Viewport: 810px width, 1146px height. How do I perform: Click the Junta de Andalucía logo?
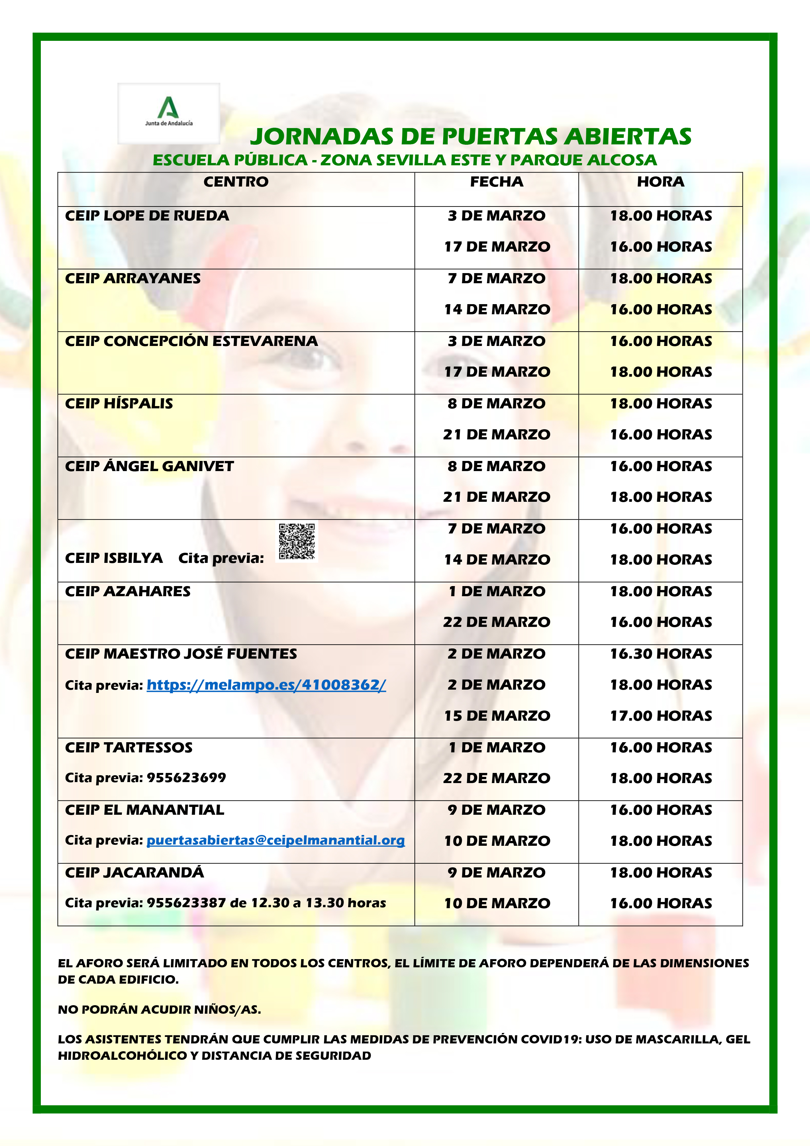(x=169, y=113)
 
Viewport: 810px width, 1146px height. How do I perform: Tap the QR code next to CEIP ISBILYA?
(x=297, y=542)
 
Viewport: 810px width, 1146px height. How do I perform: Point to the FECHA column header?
(x=496, y=182)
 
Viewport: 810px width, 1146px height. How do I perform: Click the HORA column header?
(x=660, y=182)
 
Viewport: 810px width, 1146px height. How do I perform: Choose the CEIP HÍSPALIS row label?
(x=119, y=403)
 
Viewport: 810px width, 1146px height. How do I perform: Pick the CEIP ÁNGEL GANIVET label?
(x=149, y=466)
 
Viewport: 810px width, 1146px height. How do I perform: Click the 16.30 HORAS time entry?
(x=661, y=654)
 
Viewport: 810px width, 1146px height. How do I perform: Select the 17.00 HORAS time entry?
(x=661, y=716)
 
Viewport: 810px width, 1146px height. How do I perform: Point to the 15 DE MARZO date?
(x=497, y=716)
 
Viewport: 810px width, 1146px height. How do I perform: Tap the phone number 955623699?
(x=186, y=778)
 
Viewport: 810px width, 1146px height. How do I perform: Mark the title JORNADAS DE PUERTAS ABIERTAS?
(x=471, y=136)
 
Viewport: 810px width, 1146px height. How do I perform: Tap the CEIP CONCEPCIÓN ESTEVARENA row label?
(x=191, y=341)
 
